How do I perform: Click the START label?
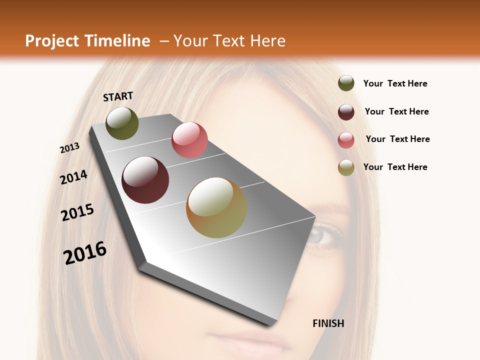pos(118,96)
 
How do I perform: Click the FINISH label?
pos(328,323)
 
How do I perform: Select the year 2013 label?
pos(70,148)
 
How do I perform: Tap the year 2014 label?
pos(73,177)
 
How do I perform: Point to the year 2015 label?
pos(77,212)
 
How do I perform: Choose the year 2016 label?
pos(85,253)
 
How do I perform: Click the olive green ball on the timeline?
pos(122,123)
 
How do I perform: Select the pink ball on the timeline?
pos(189,140)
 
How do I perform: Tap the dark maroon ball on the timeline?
pos(145,180)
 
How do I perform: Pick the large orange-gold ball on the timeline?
pos(216,207)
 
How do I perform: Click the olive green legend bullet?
pos(346,83)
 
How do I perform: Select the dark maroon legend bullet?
pos(346,112)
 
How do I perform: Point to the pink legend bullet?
pos(346,140)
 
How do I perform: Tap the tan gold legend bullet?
pos(346,167)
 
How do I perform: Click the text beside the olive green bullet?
pos(395,84)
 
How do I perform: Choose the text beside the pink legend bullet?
pos(397,139)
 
